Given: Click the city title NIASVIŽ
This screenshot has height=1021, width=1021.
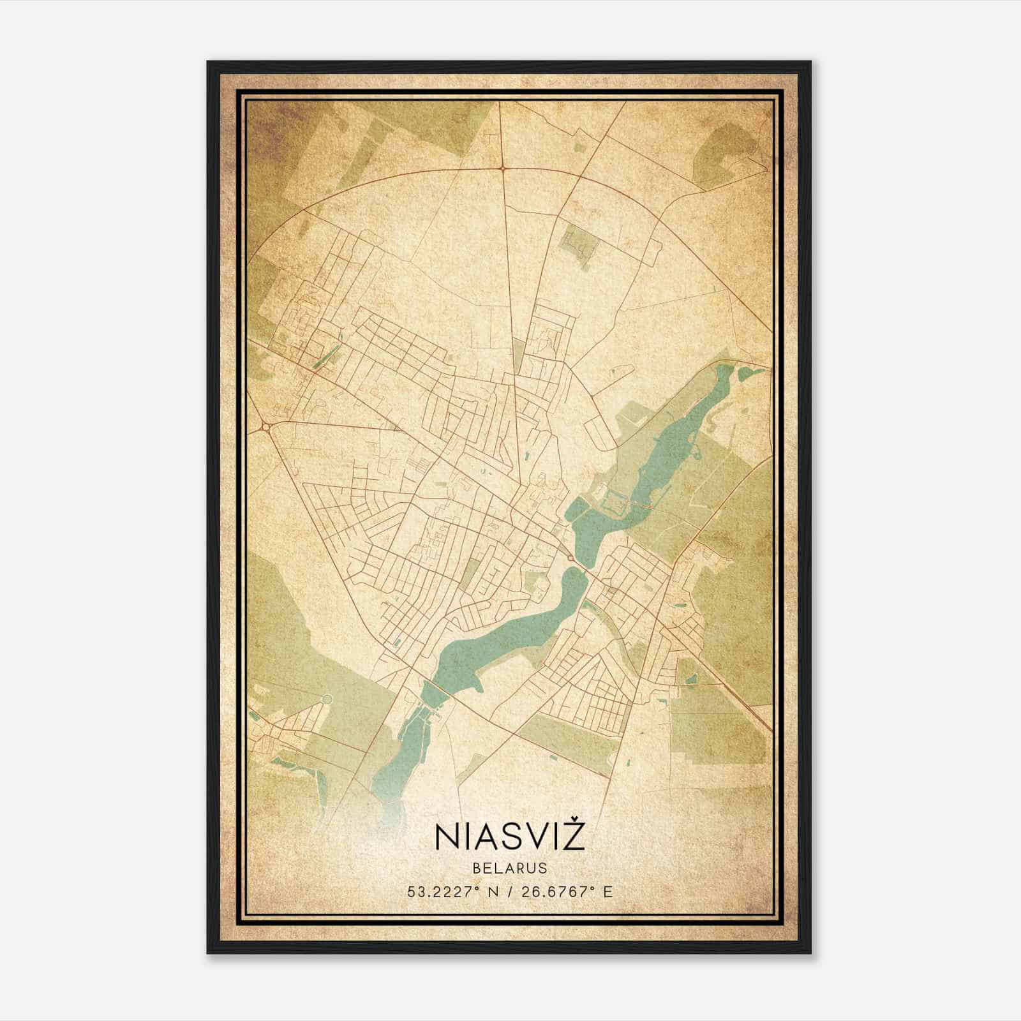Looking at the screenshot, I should point(510,837).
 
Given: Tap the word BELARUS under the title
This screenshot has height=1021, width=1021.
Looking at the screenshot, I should point(509,868).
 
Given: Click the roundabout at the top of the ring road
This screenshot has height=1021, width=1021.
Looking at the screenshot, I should point(503,168).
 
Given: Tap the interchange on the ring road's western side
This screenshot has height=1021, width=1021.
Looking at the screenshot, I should point(265,426).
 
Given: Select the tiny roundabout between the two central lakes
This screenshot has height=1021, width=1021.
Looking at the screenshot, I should point(569,558).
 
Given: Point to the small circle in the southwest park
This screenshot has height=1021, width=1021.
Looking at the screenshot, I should point(327,699).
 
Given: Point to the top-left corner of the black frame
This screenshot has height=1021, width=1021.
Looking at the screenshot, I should point(208,63).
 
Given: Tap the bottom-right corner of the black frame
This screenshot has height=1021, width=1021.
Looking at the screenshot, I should point(810,953).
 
